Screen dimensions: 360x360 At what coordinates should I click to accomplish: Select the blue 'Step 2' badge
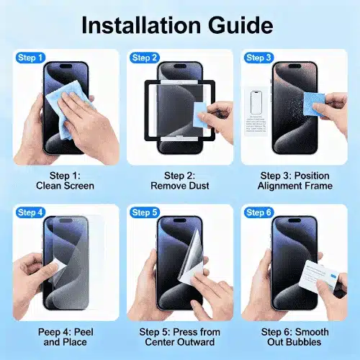click(x=144, y=58)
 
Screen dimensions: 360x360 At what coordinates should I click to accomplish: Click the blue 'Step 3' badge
click(x=258, y=58)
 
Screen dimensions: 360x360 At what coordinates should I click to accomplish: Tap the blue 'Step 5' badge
click(x=144, y=212)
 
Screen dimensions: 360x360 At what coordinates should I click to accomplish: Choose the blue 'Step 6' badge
click(x=258, y=212)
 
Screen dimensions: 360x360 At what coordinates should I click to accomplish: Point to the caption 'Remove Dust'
click(x=179, y=185)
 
